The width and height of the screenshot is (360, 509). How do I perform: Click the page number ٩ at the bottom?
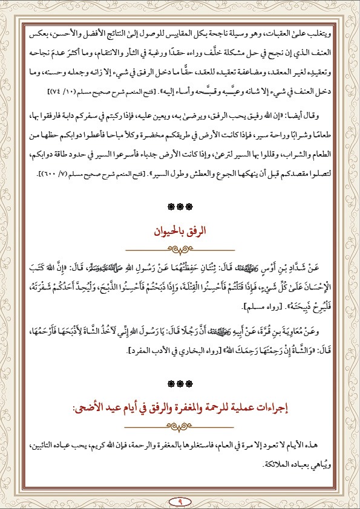(x=180, y=502)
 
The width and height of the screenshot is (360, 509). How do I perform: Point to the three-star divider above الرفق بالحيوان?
(x=180, y=207)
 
